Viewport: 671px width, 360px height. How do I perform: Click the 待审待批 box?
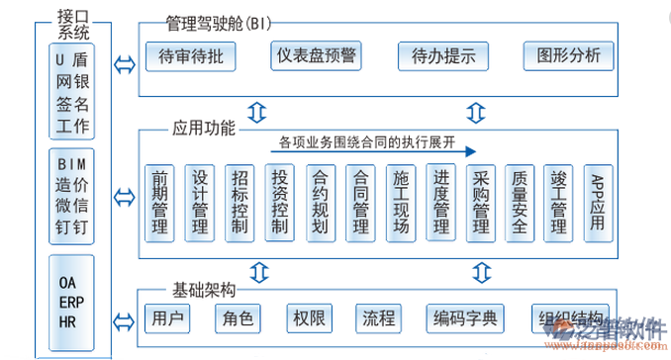193,55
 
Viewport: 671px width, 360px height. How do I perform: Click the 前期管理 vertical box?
159,203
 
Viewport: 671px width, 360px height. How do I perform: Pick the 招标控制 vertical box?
240,203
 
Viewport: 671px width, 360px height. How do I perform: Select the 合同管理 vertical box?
360,203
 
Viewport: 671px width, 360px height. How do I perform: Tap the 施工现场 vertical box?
401,203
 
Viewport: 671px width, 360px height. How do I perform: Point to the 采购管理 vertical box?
481,203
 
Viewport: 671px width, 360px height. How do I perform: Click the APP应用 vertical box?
597,203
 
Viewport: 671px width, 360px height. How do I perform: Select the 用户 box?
163,319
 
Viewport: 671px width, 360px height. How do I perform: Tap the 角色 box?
235,319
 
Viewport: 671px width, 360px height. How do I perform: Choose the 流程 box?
378,319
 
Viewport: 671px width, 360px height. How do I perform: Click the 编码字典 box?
466,319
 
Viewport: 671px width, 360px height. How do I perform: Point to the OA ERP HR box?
67,294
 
